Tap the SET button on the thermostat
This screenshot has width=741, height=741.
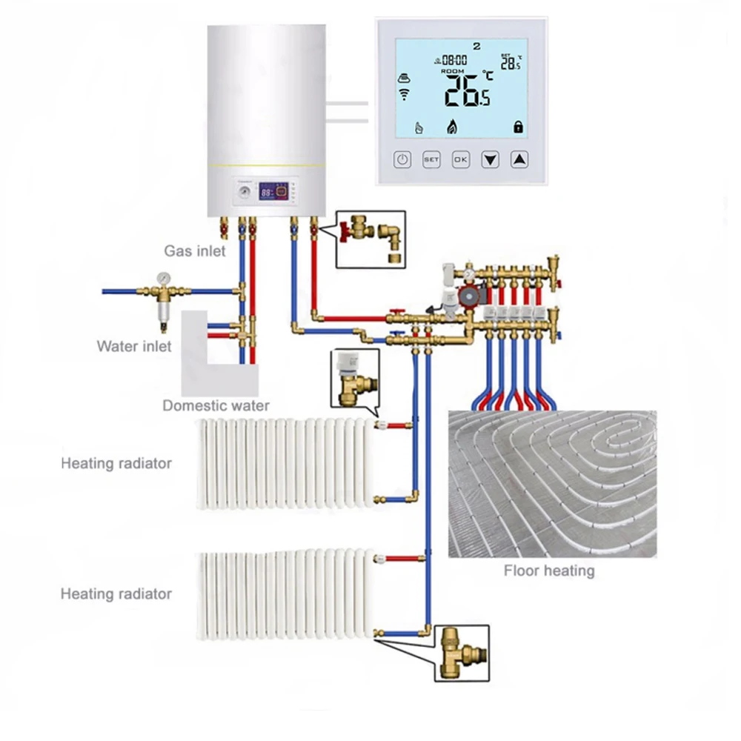coord(431,159)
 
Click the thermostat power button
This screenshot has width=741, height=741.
coord(402,159)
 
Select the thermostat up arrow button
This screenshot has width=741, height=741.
coord(521,159)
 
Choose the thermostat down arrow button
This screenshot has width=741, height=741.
coord(491,159)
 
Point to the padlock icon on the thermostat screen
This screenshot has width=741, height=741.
coord(518,127)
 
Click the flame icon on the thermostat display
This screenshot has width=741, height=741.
coord(451,127)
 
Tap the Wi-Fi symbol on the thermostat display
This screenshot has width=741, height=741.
coord(405,93)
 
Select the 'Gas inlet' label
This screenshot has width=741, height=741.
coord(195,251)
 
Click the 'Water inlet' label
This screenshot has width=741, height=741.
coord(134,346)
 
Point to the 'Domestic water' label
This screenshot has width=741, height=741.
coord(216,405)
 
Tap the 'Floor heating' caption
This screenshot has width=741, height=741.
coord(549,571)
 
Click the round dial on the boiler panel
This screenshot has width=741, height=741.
coord(243,194)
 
